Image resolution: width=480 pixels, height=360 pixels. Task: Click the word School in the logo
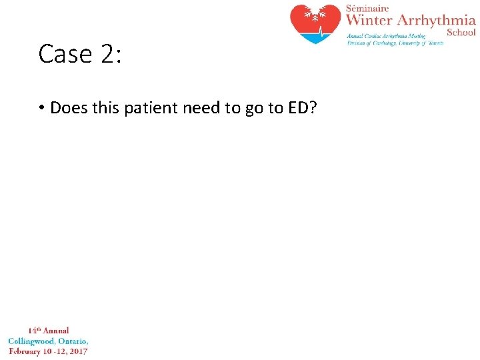pyautogui.click(x=461, y=31)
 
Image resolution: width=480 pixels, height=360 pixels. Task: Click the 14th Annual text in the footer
pyautogui.click(x=48, y=331)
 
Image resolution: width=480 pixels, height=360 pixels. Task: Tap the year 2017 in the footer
pyautogui.click(x=77, y=351)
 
